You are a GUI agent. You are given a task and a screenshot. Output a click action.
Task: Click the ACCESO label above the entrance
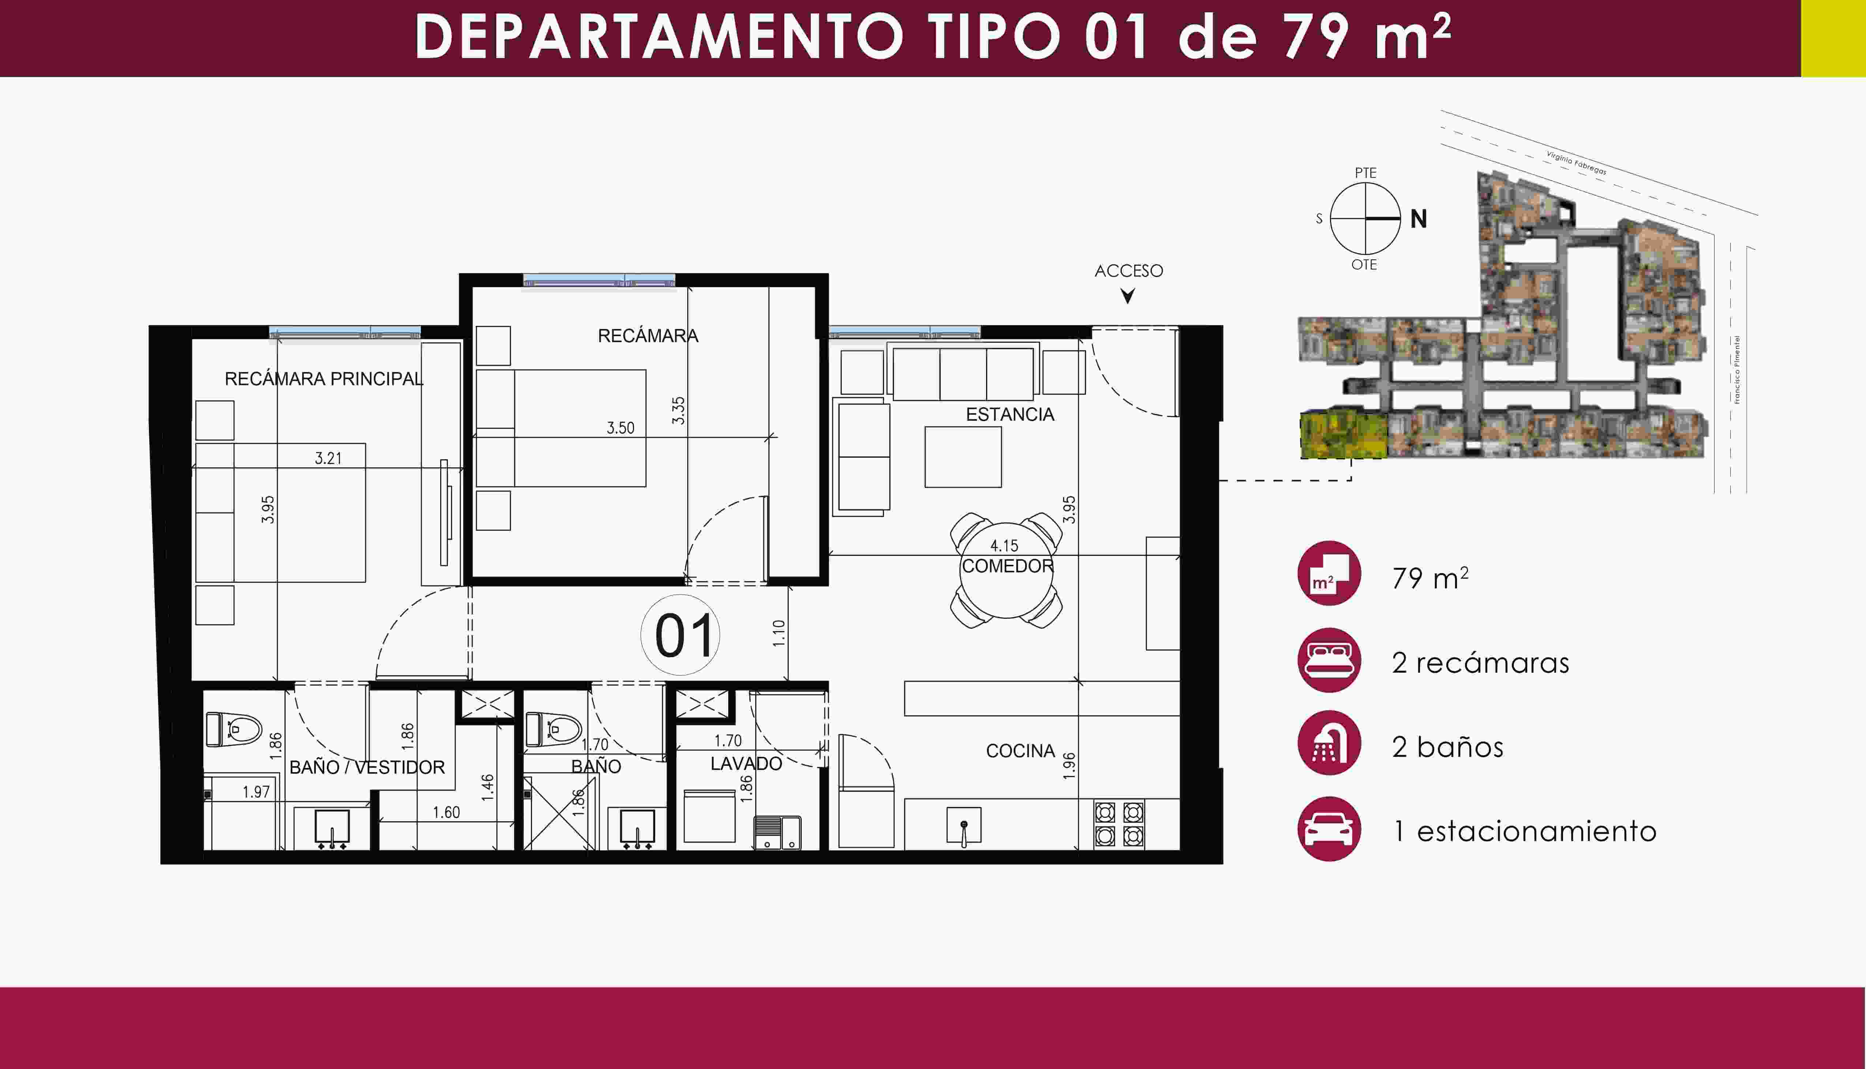[x=1128, y=271]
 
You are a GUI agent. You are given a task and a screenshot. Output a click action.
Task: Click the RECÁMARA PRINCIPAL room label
[x=324, y=379]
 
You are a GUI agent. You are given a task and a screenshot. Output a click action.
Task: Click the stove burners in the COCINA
[x=1119, y=824]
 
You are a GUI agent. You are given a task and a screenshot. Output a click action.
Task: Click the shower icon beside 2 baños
[x=1329, y=743]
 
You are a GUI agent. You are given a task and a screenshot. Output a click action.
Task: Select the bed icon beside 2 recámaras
[x=1329, y=659]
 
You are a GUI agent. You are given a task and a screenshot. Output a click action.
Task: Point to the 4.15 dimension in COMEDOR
[x=1004, y=545]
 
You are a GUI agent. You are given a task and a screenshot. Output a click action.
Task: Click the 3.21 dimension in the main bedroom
[x=329, y=458]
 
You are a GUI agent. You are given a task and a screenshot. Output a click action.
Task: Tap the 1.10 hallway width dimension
[x=779, y=633]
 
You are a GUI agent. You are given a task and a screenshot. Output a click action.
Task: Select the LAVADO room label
[x=746, y=764]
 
